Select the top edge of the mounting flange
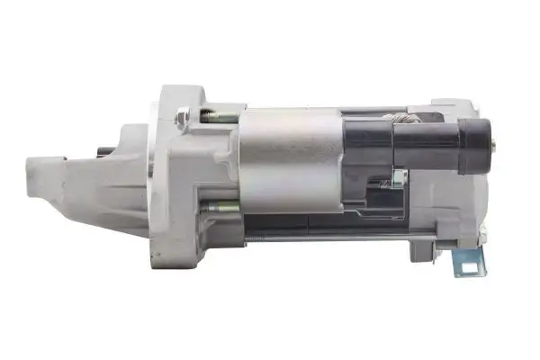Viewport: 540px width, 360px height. (x=180, y=87)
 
